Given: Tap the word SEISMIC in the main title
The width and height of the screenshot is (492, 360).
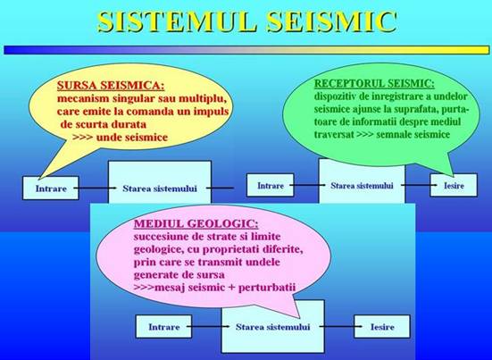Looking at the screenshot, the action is [332, 21].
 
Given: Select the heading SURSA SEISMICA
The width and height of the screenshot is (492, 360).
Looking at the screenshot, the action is [111, 86].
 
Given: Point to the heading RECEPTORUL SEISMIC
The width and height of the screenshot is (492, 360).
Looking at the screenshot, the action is [374, 84].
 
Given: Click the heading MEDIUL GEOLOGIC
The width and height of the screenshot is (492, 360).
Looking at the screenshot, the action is [196, 224].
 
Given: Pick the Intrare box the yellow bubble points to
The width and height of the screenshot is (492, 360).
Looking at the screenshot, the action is [51, 188].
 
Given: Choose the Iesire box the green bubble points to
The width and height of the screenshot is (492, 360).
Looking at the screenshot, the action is [454, 185].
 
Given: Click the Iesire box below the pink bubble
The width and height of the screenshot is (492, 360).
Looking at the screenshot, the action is [382, 327].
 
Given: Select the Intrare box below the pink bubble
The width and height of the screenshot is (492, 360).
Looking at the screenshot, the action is [163, 327].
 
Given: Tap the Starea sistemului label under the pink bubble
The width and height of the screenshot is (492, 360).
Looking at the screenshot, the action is [272, 327].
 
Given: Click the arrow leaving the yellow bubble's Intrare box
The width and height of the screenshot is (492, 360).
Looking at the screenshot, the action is [95, 188].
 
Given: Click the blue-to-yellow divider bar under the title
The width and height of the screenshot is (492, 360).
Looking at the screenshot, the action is [246, 50].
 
